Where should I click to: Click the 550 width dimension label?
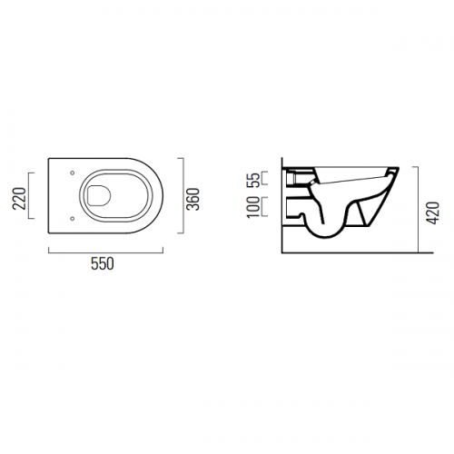103,263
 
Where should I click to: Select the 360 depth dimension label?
193,199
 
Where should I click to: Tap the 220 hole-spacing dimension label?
19,199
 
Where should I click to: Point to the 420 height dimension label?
434,212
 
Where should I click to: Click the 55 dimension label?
254,180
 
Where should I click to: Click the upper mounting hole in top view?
72,173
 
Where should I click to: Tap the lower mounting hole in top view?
72,218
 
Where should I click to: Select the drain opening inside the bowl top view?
99,195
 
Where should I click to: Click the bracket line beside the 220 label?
29,195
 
